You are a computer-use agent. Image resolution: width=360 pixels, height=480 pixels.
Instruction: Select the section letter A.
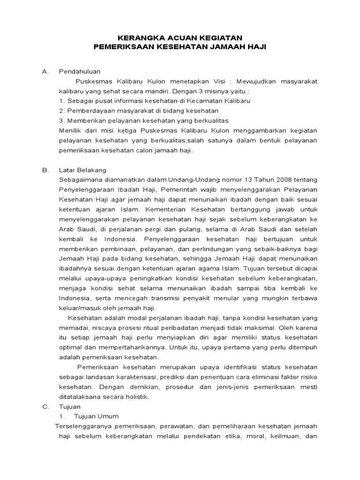click(x=45, y=72)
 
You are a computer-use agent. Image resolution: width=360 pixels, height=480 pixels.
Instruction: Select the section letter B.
click(x=45, y=170)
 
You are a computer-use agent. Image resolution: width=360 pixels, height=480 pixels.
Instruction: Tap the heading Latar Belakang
click(x=82, y=170)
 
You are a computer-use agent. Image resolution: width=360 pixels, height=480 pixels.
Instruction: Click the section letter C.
click(x=45, y=406)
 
